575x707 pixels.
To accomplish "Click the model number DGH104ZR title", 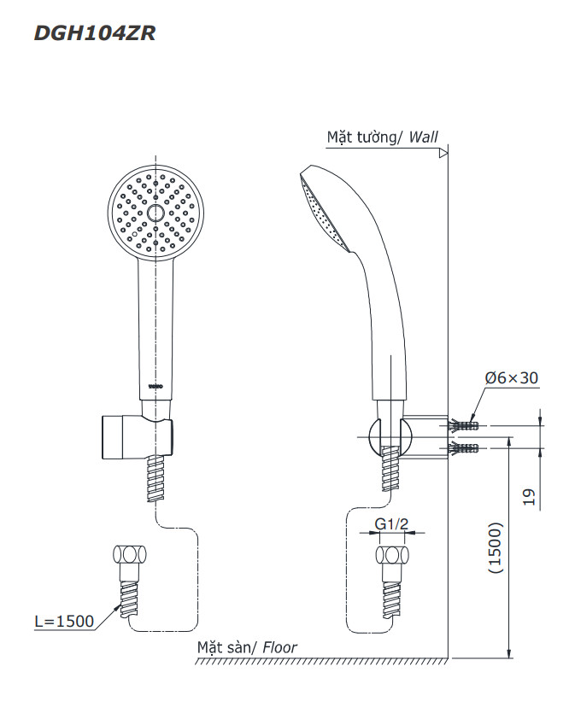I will [x=94, y=34].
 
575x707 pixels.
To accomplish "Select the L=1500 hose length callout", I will [x=64, y=622].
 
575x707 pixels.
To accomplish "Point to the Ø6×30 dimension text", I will [x=511, y=378].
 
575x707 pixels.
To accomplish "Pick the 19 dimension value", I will [x=529, y=497].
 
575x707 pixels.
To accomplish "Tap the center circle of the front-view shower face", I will [x=155, y=211].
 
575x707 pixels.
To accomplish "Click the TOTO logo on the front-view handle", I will [x=155, y=386].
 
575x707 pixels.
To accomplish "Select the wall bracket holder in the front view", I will [x=137, y=435].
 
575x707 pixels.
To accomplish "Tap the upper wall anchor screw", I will [x=461, y=424].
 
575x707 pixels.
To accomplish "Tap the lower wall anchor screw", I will [x=461, y=447].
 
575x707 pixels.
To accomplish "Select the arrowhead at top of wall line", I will [x=443, y=155].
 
